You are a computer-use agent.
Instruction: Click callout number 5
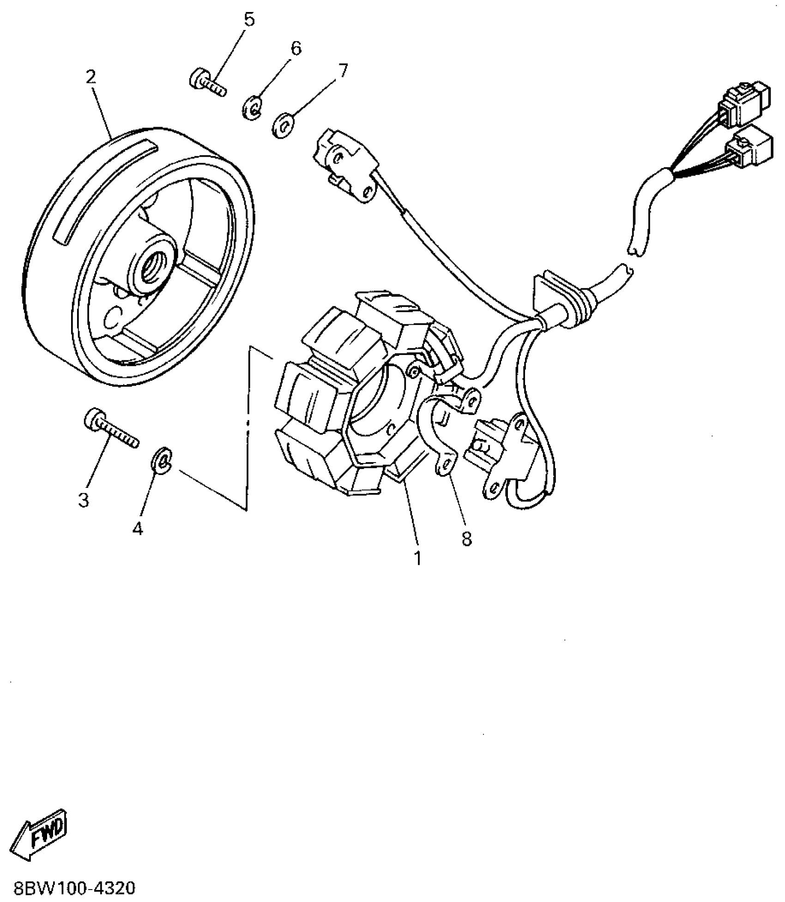(x=249, y=20)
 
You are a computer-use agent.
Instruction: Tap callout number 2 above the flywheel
(x=91, y=77)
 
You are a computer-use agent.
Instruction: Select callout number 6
(x=296, y=48)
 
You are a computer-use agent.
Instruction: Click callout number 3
(x=84, y=500)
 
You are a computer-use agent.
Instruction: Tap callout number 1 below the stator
(x=417, y=558)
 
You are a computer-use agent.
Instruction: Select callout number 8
(x=467, y=538)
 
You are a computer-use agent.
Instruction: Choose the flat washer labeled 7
(x=283, y=124)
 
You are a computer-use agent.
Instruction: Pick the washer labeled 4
(x=161, y=460)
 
